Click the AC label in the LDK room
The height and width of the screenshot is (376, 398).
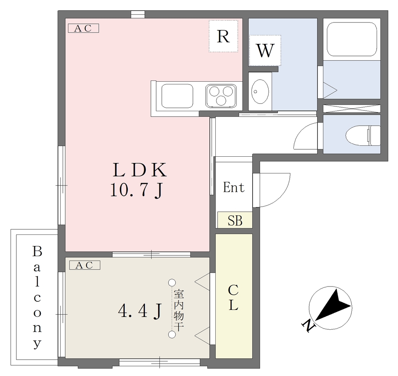(x=83, y=28)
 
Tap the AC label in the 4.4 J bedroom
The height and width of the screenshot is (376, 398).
(x=85, y=265)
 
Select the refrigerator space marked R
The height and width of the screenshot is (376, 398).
(x=223, y=36)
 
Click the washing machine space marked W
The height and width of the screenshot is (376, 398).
(x=265, y=50)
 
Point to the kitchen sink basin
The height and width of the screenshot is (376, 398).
(x=177, y=96)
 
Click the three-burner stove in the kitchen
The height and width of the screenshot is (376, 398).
(x=221, y=96)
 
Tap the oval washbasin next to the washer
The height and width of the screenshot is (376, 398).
(x=260, y=91)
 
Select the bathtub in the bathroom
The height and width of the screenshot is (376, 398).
(x=351, y=39)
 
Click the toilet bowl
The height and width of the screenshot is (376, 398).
(x=363, y=135)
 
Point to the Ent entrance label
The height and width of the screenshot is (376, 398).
(x=234, y=188)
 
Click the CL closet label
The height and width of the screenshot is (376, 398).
(x=233, y=297)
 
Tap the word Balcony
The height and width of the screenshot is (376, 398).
(x=37, y=297)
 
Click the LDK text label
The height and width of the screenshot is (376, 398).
(x=140, y=170)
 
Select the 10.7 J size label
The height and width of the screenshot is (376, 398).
(x=136, y=190)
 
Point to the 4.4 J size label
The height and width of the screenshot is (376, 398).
(x=140, y=311)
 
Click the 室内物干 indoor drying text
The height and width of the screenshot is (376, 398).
(x=179, y=311)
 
